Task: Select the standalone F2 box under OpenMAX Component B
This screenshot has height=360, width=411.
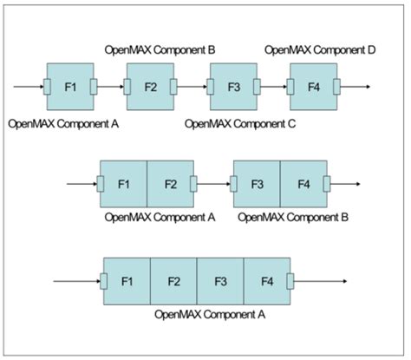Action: [150, 87]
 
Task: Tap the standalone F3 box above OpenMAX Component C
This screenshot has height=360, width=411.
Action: [233, 87]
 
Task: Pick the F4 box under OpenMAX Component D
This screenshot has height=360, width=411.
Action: [313, 87]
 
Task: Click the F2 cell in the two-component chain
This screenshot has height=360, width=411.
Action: [170, 183]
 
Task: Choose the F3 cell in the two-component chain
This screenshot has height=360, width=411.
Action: [258, 183]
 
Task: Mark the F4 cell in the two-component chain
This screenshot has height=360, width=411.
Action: [303, 183]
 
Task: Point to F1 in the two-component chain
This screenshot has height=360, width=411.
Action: [123, 183]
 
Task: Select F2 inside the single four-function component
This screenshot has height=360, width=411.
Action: [173, 280]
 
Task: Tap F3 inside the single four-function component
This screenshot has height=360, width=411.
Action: [220, 280]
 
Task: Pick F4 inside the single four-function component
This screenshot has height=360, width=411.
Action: [267, 280]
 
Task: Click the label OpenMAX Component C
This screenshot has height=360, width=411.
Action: [241, 124]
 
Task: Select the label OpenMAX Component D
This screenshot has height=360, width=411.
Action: [320, 50]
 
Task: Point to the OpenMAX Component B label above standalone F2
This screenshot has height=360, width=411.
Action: [160, 50]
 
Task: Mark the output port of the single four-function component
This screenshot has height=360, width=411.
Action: [290, 280]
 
